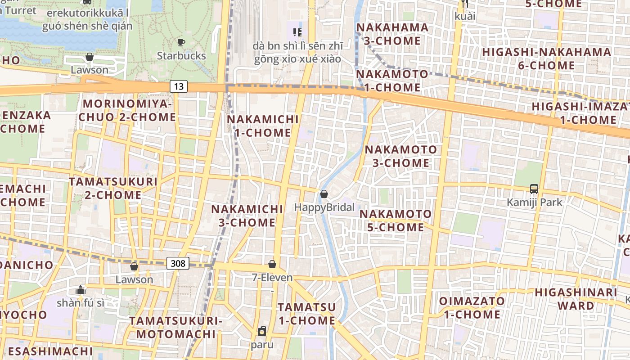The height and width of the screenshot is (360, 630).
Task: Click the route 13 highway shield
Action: coord(179,86)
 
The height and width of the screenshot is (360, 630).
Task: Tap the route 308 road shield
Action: coord(178,263)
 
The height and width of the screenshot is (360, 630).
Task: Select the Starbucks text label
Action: coord(181,56)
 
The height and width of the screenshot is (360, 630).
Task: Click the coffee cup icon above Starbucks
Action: coord(181,43)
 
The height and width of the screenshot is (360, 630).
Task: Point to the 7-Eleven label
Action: coord(272,278)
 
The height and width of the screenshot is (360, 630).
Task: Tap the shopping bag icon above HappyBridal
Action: coord(324,194)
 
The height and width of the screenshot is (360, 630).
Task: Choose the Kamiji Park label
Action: coord(535,202)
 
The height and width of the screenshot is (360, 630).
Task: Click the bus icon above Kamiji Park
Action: coord(534,189)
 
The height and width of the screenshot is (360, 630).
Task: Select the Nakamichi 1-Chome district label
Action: coord(263,126)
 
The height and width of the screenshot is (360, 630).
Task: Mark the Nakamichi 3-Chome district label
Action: coord(247,216)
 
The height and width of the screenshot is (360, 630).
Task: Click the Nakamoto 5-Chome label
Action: coord(396,220)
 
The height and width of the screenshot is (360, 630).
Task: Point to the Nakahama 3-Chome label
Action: coord(392,34)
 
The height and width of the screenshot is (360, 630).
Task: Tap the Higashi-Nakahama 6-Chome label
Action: coord(546,58)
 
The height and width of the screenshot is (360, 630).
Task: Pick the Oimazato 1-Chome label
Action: coord(472,307)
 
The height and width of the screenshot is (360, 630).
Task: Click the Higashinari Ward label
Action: coord(576,299)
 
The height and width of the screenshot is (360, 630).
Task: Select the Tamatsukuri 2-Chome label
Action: coord(113,188)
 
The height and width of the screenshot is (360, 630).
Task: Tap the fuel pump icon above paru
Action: coord(262,332)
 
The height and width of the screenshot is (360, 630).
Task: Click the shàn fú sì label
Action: coord(81,303)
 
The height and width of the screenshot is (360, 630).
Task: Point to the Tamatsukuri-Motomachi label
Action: coord(176,328)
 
